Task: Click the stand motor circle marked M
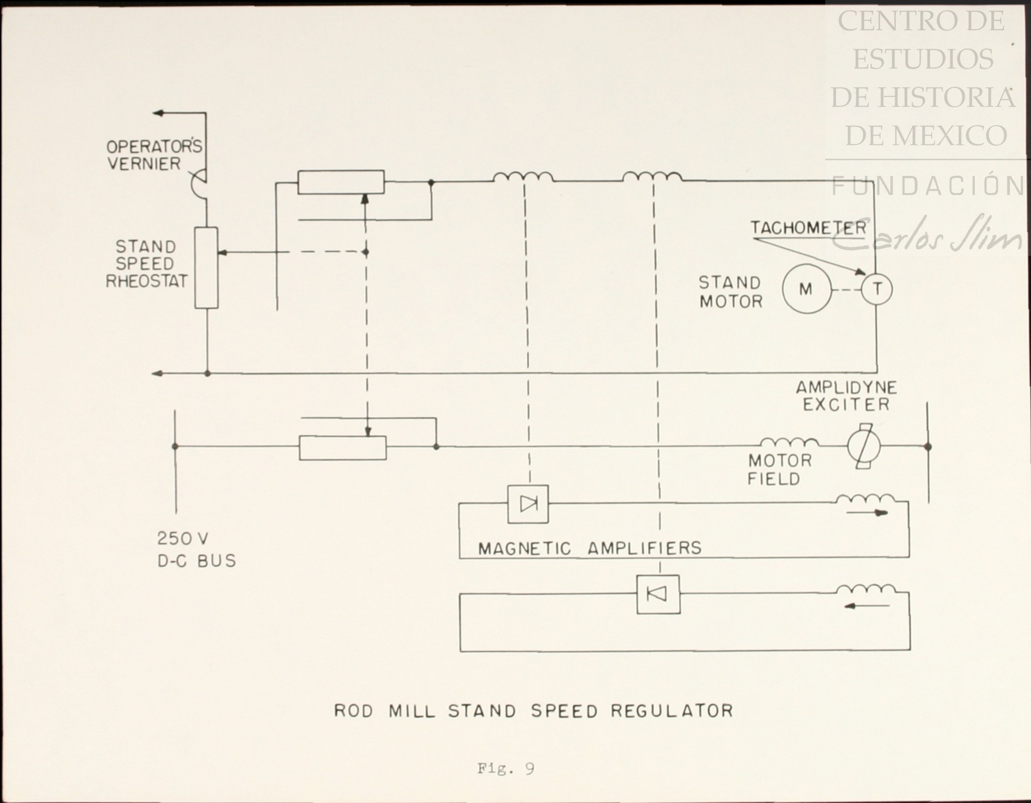806,289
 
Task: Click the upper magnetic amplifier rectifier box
528,504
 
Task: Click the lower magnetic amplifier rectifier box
658,594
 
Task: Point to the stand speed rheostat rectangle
206,267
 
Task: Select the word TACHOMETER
809,228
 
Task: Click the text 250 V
182,539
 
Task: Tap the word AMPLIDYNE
847,387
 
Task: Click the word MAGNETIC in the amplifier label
525,548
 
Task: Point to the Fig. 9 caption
505,768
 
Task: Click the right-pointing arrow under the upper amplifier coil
867,513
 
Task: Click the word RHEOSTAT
146,280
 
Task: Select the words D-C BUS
197,561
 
